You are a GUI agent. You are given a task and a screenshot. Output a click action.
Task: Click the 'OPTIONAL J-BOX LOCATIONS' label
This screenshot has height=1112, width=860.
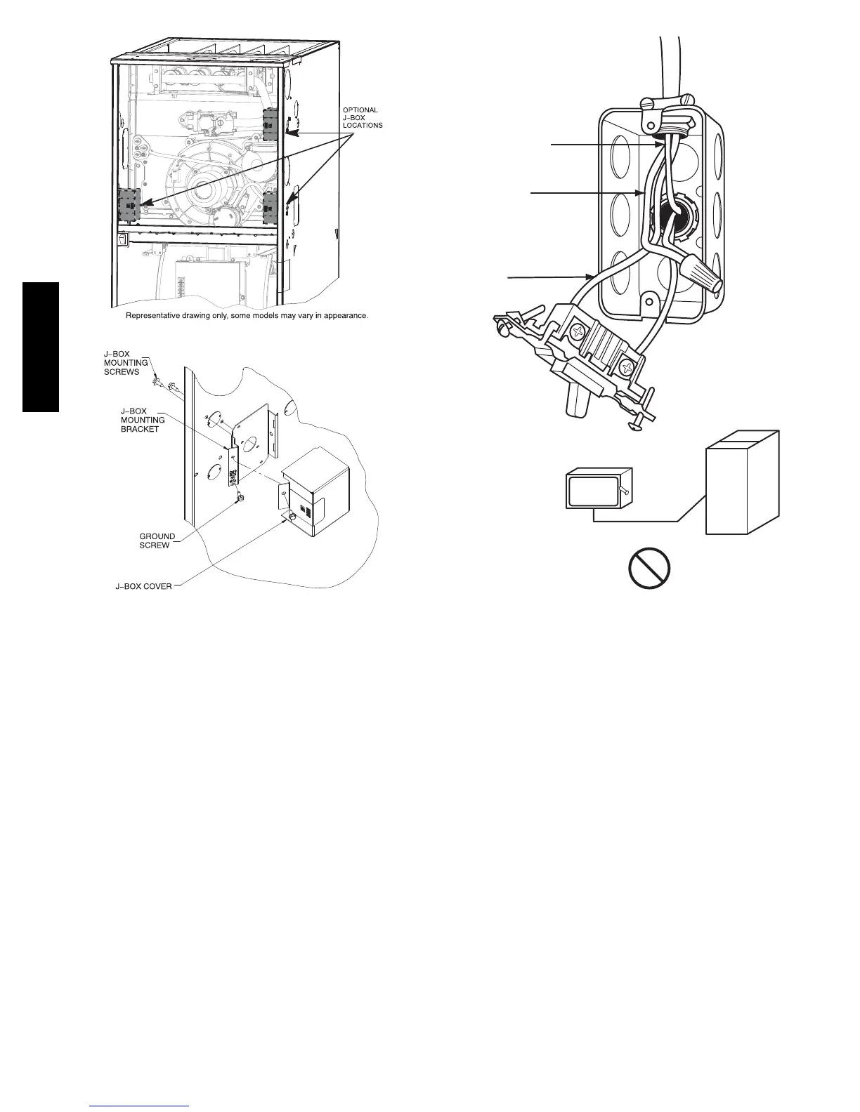click(x=363, y=117)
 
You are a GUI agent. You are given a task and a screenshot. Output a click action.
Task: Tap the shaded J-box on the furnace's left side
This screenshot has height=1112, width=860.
click(x=129, y=206)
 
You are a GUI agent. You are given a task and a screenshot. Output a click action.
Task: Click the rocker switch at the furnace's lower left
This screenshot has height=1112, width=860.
click(x=122, y=239)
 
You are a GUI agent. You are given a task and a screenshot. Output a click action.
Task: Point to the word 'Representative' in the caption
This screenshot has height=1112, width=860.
click(x=150, y=316)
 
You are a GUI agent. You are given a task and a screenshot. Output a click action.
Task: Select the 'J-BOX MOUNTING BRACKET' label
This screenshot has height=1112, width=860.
click(x=143, y=420)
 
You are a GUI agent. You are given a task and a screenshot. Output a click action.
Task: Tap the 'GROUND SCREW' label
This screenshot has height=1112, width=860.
click(x=157, y=541)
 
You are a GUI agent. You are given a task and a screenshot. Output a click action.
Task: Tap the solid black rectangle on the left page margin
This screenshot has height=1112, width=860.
click(x=41, y=347)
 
